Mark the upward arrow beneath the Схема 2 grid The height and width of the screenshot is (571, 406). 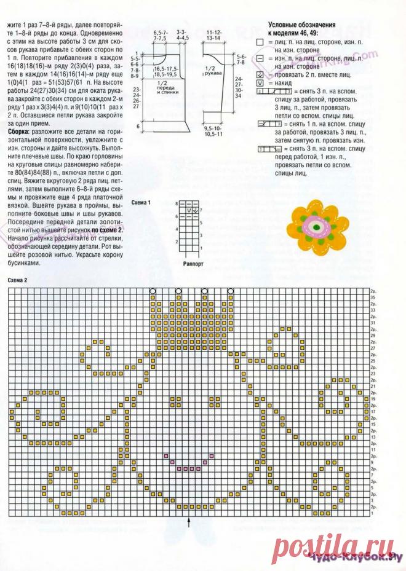click(x=189, y=521)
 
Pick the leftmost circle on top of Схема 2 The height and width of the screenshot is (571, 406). click(x=153, y=291)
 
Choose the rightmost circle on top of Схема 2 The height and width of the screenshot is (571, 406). click(x=230, y=291)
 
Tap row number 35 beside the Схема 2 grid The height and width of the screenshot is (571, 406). click(x=373, y=297)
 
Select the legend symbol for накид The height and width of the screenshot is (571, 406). click(x=260, y=82)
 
